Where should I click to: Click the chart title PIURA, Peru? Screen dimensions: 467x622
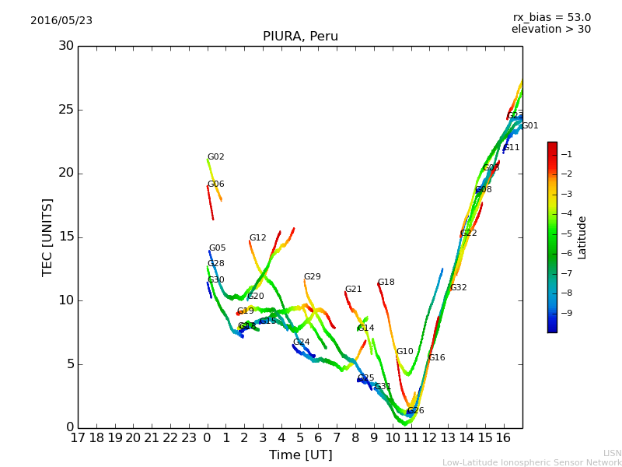pos(300,37)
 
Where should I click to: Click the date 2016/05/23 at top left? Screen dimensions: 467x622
pos(61,21)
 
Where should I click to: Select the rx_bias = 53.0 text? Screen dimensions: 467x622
pos(551,18)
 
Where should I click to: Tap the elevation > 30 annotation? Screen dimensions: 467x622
pos(550,30)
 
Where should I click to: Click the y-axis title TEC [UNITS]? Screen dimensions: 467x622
pos(47,237)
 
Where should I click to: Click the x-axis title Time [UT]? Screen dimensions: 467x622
pos(300,455)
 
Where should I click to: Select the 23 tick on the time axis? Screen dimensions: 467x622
pos(189,438)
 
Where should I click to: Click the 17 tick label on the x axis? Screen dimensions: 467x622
pos(78,438)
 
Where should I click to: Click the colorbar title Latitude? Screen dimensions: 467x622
pos(582,237)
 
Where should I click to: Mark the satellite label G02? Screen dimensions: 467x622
pos(215,157)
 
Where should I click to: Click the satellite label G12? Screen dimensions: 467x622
pos(257,238)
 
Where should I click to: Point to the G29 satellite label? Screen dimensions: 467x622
pos(312,277)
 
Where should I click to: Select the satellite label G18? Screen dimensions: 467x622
pos(386,283)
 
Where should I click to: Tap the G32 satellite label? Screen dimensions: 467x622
pos(458,288)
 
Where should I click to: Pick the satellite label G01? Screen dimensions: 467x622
pos(529,126)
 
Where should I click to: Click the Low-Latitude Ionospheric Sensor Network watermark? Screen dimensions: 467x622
pos(532,463)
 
